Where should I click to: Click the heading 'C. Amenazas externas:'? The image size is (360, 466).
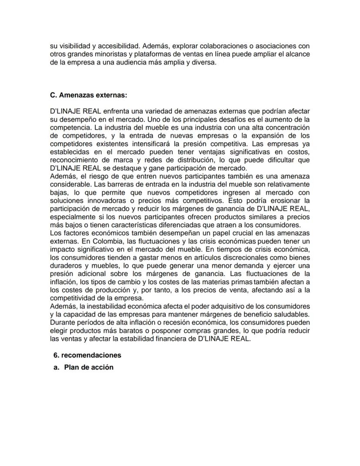(89, 95)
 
